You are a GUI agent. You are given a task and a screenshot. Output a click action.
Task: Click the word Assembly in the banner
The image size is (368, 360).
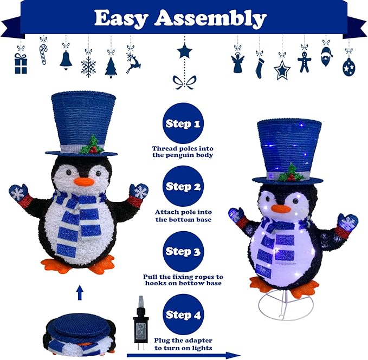click(210, 18)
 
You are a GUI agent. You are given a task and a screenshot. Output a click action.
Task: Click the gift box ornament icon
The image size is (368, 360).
click(21, 63)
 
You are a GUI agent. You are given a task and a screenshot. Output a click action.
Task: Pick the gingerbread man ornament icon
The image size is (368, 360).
click(305, 62)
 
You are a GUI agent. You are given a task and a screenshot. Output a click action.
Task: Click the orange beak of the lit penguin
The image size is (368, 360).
click(281, 208)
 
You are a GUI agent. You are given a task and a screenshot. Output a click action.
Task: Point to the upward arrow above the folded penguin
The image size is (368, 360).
click(80, 293)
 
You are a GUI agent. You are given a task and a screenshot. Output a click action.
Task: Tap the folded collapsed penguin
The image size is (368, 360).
click(79, 331)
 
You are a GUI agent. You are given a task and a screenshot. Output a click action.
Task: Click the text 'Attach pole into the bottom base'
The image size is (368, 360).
click(183, 216)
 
